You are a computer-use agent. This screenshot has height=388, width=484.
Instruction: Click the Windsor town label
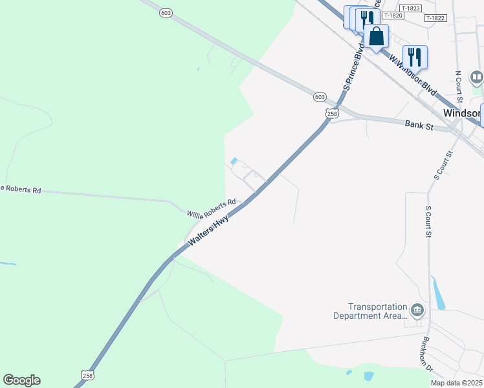[462, 113]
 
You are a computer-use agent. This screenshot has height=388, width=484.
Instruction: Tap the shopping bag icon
[376, 37]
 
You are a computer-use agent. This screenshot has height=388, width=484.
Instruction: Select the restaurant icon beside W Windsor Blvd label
[415, 57]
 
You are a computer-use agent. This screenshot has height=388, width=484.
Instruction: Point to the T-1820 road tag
[393, 16]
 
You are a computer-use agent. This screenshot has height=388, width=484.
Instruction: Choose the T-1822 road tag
[435, 18]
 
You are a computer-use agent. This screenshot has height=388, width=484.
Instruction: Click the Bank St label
[419, 125]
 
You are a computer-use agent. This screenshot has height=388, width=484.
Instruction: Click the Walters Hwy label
[210, 231]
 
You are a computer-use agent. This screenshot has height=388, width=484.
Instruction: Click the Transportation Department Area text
[378, 311]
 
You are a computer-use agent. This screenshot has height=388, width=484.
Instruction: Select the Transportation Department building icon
[418, 311]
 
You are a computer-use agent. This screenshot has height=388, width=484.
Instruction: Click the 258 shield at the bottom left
[88, 375]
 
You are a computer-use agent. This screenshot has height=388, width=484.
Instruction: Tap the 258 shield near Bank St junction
[332, 113]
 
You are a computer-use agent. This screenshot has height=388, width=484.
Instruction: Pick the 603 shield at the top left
[166, 12]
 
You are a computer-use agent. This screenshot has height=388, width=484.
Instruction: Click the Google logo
[21, 380]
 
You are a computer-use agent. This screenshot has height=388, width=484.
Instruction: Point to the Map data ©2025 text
[456, 383]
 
